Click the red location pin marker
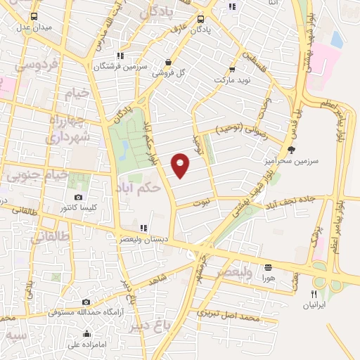point(181,165)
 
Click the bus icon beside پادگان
point(201,19)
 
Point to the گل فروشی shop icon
point(169,62)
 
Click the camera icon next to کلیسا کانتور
point(78,197)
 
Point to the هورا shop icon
point(268,267)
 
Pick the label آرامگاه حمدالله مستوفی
point(84,311)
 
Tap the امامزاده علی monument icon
point(86,334)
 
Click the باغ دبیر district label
point(150,326)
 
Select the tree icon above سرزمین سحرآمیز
point(292,149)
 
